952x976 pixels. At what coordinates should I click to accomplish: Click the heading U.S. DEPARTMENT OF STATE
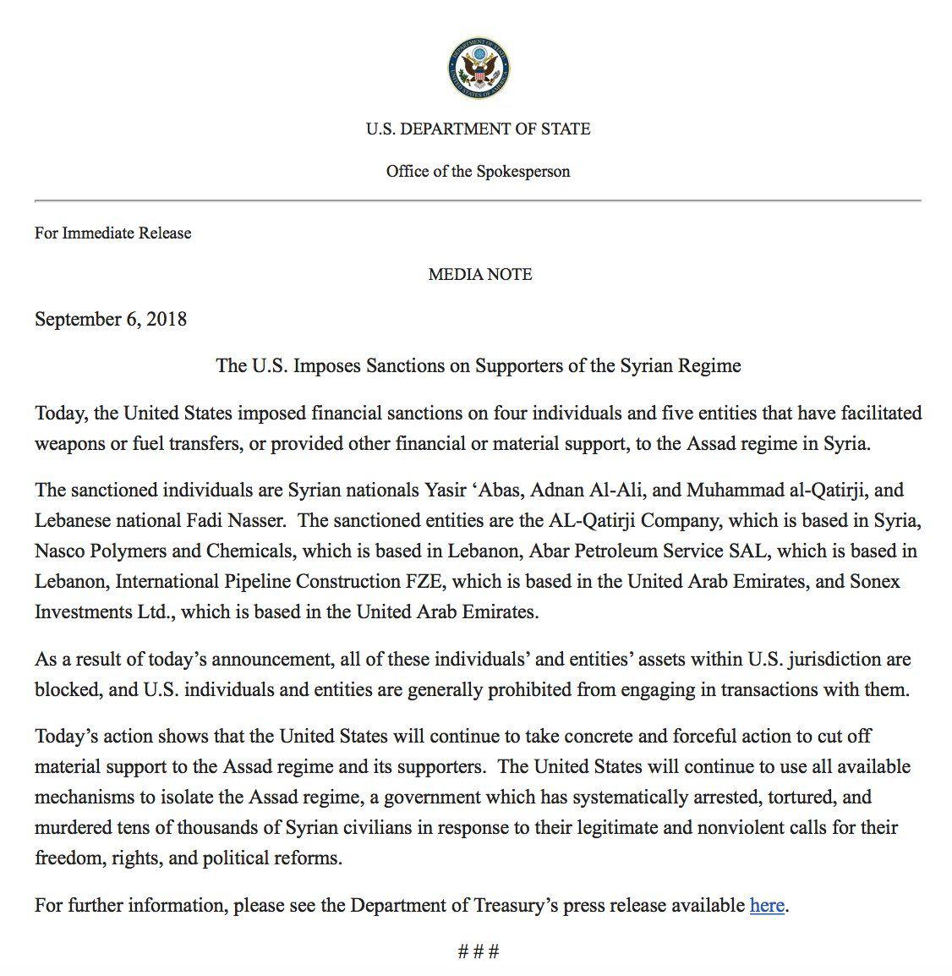point(479,129)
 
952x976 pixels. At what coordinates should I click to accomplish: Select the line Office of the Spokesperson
point(479,172)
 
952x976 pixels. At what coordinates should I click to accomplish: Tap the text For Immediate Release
point(112,233)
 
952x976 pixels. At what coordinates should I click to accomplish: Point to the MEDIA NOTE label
point(479,274)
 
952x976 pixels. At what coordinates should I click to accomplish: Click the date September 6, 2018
point(111,319)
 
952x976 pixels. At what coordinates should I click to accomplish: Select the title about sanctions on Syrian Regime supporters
point(479,365)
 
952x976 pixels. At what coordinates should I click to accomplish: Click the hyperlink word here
point(767,905)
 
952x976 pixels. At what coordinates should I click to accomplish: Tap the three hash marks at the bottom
point(479,952)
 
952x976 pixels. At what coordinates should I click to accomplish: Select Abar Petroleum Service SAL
point(649,551)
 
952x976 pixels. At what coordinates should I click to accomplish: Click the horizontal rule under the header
point(478,201)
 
